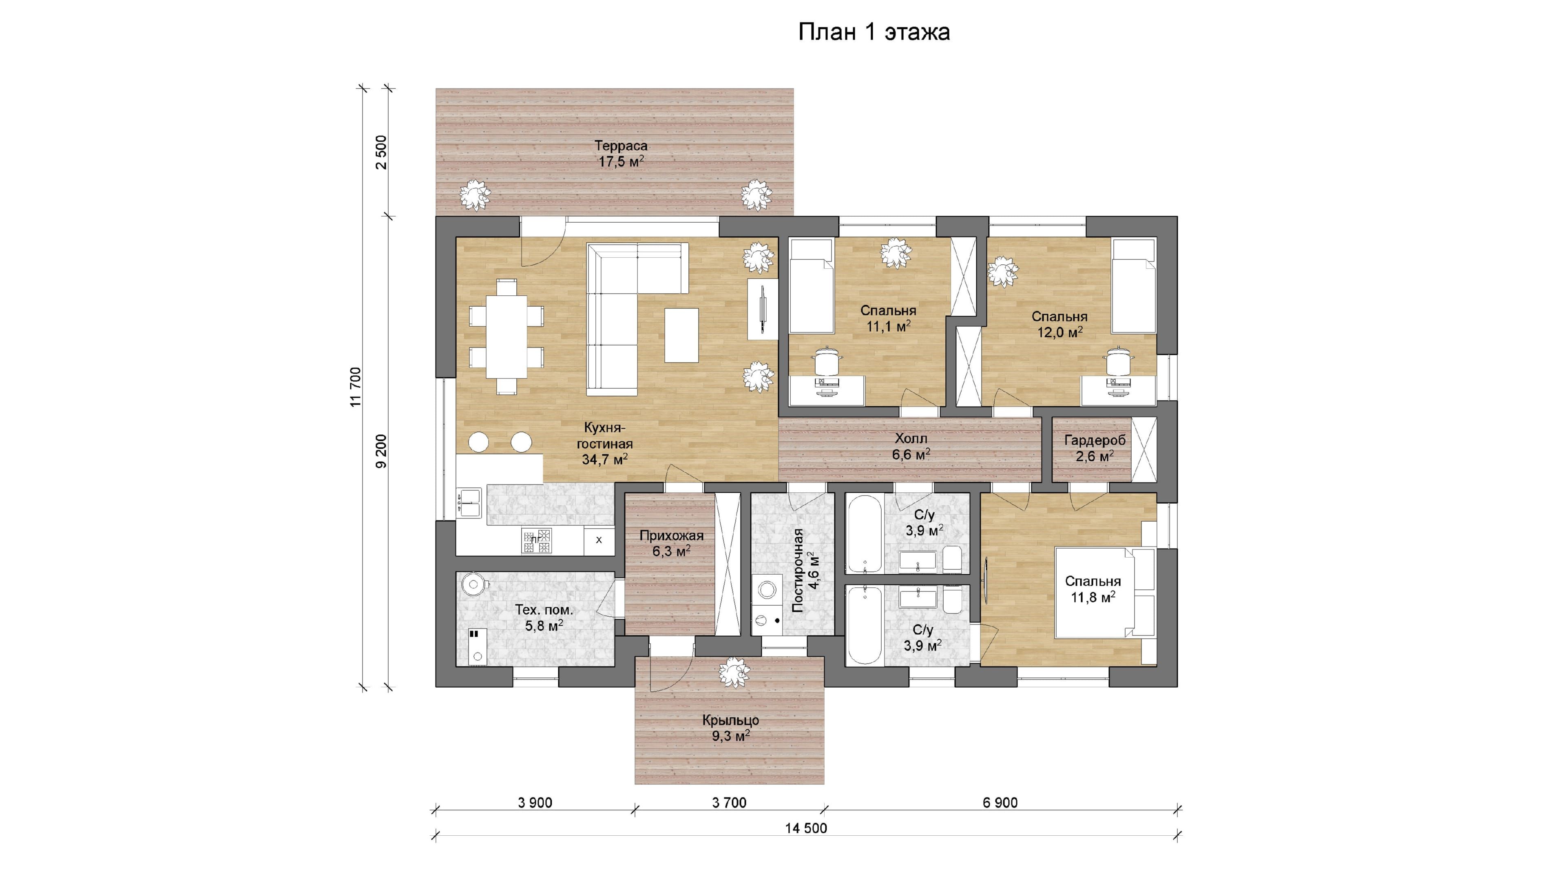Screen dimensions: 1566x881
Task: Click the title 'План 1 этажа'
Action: pyautogui.click(x=874, y=32)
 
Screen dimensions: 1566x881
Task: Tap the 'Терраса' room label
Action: pyautogui.click(x=621, y=146)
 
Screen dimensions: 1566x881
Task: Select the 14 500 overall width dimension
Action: pyautogui.click(x=806, y=828)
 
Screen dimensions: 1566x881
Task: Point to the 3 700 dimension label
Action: pyautogui.click(x=730, y=803)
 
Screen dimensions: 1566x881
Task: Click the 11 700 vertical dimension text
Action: pyautogui.click(x=356, y=387)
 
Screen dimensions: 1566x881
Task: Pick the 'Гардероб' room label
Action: pyautogui.click(x=1095, y=440)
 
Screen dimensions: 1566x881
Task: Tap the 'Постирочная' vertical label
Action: pyautogui.click(x=798, y=570)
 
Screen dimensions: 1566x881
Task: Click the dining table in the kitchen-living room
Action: pyautogui.click(x=507, y=336)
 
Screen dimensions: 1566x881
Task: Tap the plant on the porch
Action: pyautogui.click(x=733, y=673)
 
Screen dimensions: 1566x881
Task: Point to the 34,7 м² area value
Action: pyautogui.click(x=605, y=459)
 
